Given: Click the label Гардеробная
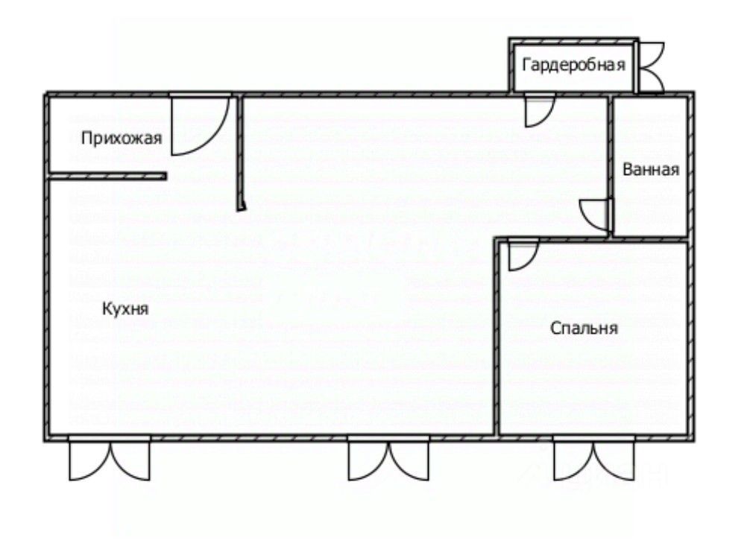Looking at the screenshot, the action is pyautogui.click(x=573, y=65).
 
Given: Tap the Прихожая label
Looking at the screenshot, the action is pyautogui.click(x=122, y=138).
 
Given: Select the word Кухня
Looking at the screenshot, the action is pyautogui.click(x=125, y=308).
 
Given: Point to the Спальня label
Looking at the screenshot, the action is pyautogui.click(x=585, y=328).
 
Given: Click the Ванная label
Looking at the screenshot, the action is pyautogui.click(x=651, y=169).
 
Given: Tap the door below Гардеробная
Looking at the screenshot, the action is pyautogui.click(x=538, y=110).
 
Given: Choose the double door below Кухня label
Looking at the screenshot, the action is pyautogui.click(x=110, y=460).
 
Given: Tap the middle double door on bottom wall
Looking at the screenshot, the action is pyautogui.click(x=388, y=460).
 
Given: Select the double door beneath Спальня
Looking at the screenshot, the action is pyautogui.click(x=593, y=460).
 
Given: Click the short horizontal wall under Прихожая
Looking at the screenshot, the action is pyautogui.click(x=107, y=176).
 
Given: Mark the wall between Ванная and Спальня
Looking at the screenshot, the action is pyautogui.click(x=649, y=240).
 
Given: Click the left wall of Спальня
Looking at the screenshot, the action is pyautogui.click(x=497, y=335).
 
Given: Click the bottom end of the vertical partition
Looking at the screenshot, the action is pyautogui.click(x=241, y=208).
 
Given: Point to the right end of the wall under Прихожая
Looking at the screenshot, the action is pyautogui.click(x=163, y=176).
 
